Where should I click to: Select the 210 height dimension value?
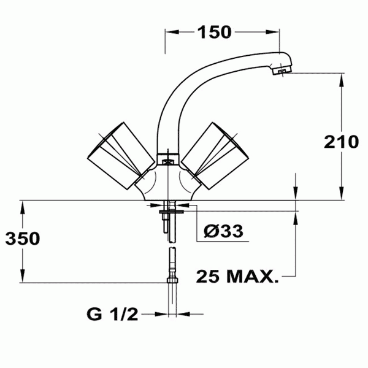pos(342,142)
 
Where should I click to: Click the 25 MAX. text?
pos(237,277)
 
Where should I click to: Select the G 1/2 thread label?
pos(112,315)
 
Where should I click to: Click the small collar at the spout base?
pos(167,158)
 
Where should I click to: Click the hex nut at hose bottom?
pos(173,280)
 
